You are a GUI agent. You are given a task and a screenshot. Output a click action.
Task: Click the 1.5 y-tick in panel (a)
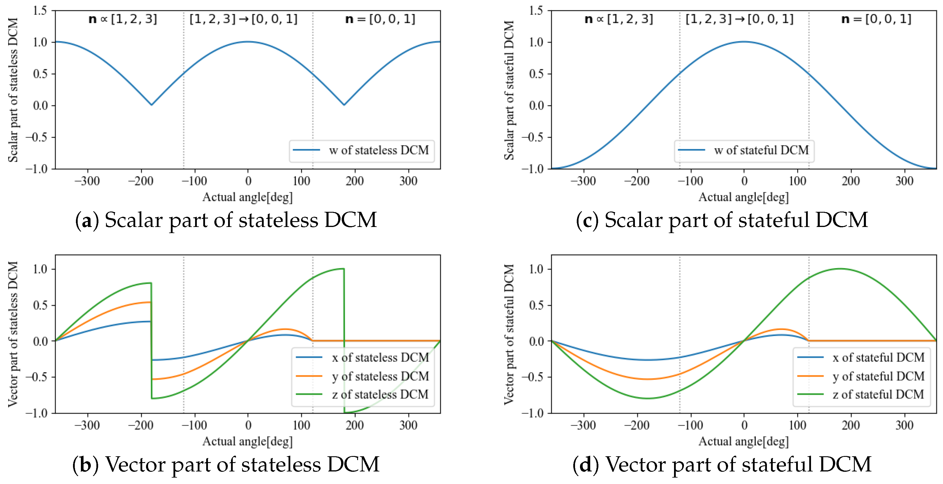(40, 11)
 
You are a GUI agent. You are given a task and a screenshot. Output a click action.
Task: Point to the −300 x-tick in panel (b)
(87, 425)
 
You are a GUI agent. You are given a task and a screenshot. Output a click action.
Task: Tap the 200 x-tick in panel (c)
(851, 181)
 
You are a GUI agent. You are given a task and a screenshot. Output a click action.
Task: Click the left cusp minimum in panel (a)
(152, 105)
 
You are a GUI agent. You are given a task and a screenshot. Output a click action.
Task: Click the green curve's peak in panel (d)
(840, 269)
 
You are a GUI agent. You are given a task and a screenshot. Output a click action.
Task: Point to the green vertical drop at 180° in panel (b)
(344, 340)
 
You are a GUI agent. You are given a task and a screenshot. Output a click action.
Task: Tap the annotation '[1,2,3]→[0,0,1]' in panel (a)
(243, 19)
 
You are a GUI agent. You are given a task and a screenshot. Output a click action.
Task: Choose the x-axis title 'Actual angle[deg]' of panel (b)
(247, 441)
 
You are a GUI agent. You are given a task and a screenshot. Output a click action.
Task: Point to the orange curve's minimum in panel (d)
(647, 379)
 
